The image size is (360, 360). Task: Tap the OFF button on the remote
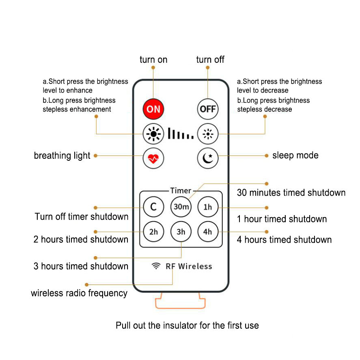tap(207, 109)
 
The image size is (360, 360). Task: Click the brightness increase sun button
tap(153, 133)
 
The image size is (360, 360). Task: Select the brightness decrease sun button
tap(207, 133)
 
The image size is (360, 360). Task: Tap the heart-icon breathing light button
tap(153, 158)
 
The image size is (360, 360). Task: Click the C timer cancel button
tap(153, 207)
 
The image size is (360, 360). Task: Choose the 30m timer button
tap(181, 207)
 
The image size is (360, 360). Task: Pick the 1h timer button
tap(208, 207)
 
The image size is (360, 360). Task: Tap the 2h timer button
tap(153, 232)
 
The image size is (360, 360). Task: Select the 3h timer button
tap(181, 232)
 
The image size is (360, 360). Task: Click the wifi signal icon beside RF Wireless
tap(156, 266)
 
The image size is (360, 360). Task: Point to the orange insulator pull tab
tap(180, 302)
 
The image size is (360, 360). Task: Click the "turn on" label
tap(153, 60)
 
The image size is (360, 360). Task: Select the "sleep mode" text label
tap(295, 155)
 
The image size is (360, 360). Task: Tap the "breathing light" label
tap(62, 156)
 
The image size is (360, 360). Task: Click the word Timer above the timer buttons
tap(181, 190)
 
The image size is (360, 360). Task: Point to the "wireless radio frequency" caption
tap(79, 293)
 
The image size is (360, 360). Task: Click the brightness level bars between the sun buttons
tap(181, 134)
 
